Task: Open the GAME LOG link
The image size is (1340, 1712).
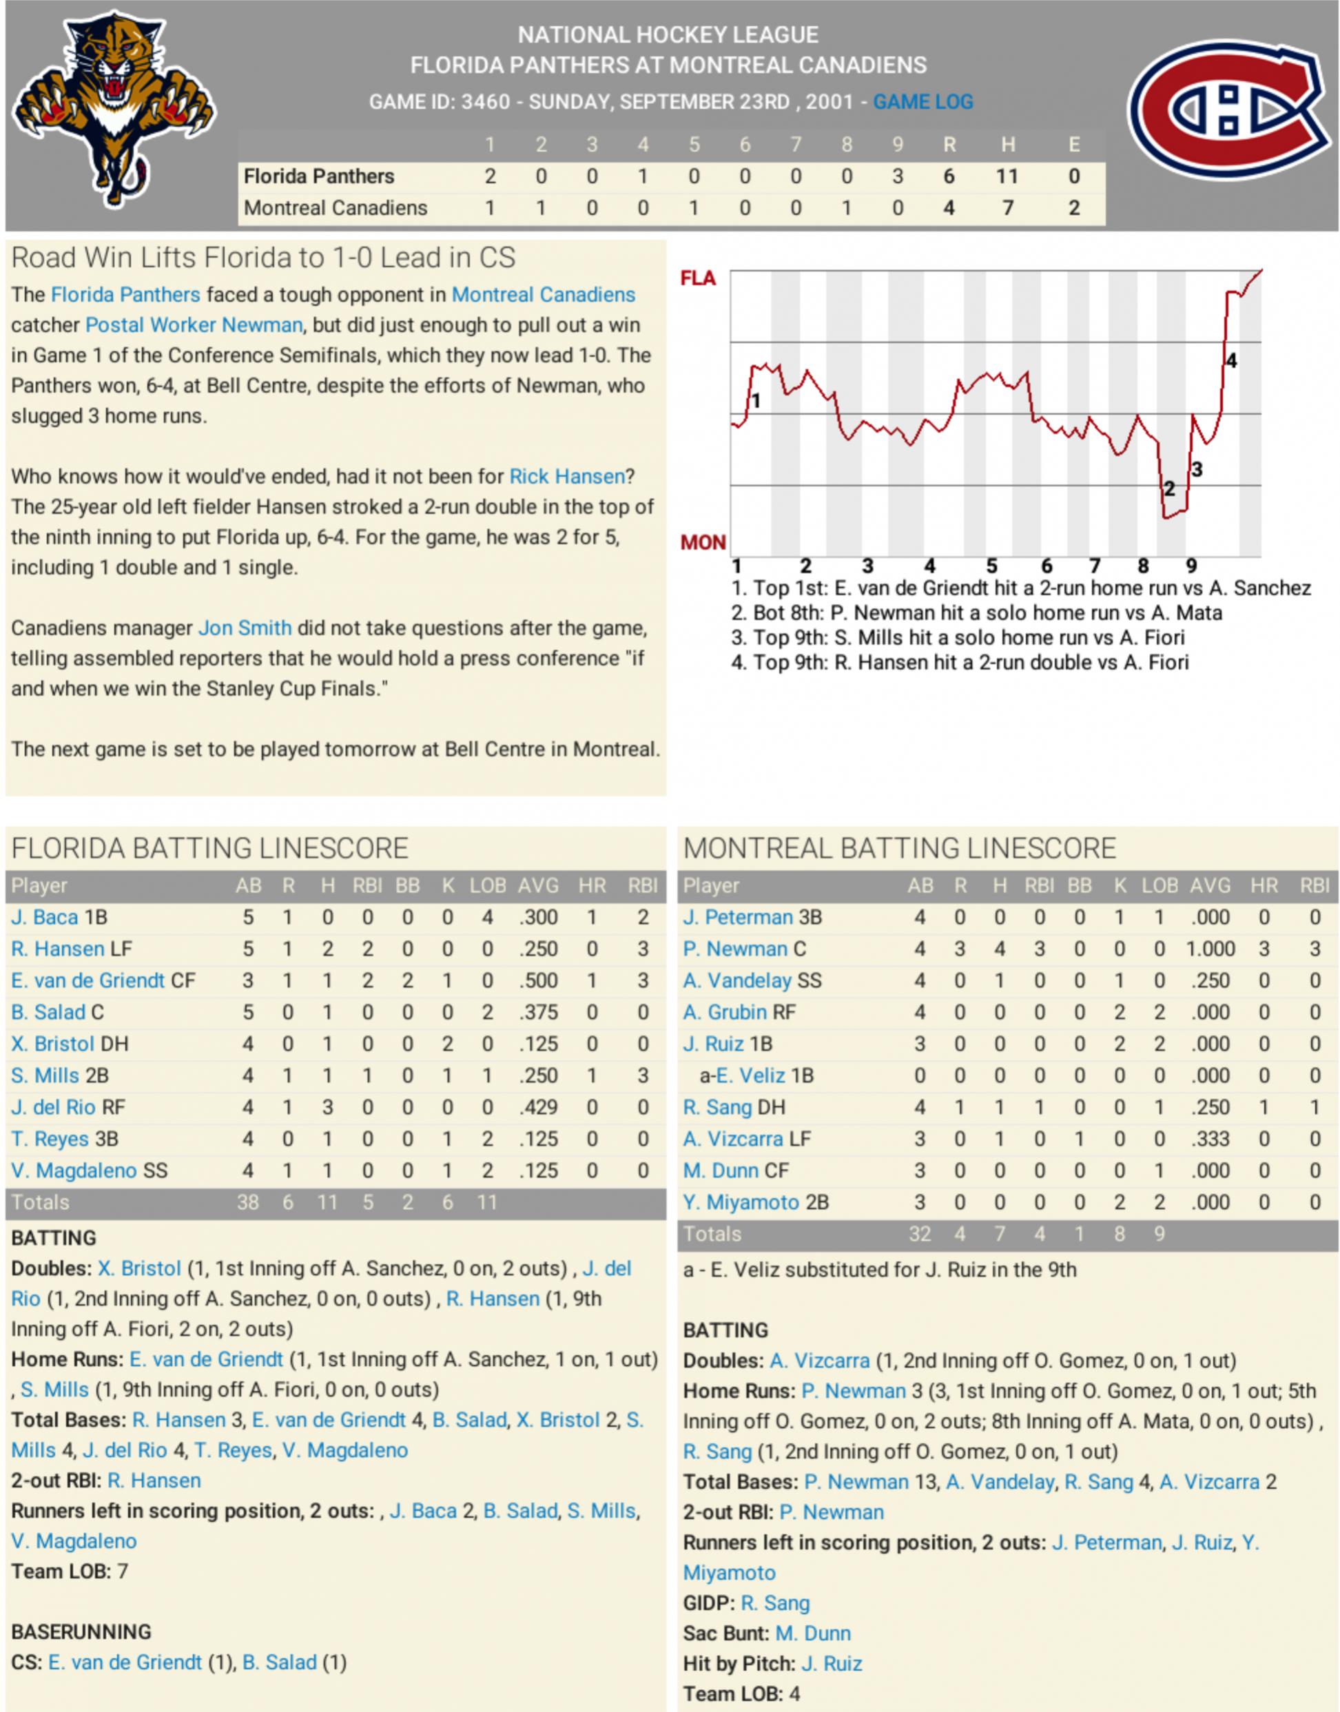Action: (922, 102)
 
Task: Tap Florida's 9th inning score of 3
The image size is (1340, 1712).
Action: (898, 176)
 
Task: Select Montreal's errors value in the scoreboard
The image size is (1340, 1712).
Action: (1073, 208)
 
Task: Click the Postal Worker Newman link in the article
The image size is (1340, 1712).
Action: (193, 324)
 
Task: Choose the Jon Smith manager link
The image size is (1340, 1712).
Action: (245, 628)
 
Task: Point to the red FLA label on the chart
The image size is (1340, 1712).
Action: (697, 278)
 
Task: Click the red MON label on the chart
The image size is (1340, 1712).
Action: (702, 542)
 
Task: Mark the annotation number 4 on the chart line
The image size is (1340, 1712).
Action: (1231, 361)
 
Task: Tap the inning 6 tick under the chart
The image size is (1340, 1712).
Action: (1046, 566)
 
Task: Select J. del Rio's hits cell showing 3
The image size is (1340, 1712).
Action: (327, 1107)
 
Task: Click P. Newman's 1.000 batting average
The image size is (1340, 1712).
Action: (1210, 949)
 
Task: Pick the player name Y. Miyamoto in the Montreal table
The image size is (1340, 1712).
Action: (741, 1202)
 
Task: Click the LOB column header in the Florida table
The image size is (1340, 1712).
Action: (487, 886)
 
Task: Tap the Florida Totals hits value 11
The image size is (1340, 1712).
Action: (327, 1202)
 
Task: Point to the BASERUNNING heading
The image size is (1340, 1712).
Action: (81, 1631)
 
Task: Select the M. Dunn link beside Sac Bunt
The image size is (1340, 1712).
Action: (813, 1633)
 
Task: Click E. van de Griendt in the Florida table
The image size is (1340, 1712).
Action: (87, 981)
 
